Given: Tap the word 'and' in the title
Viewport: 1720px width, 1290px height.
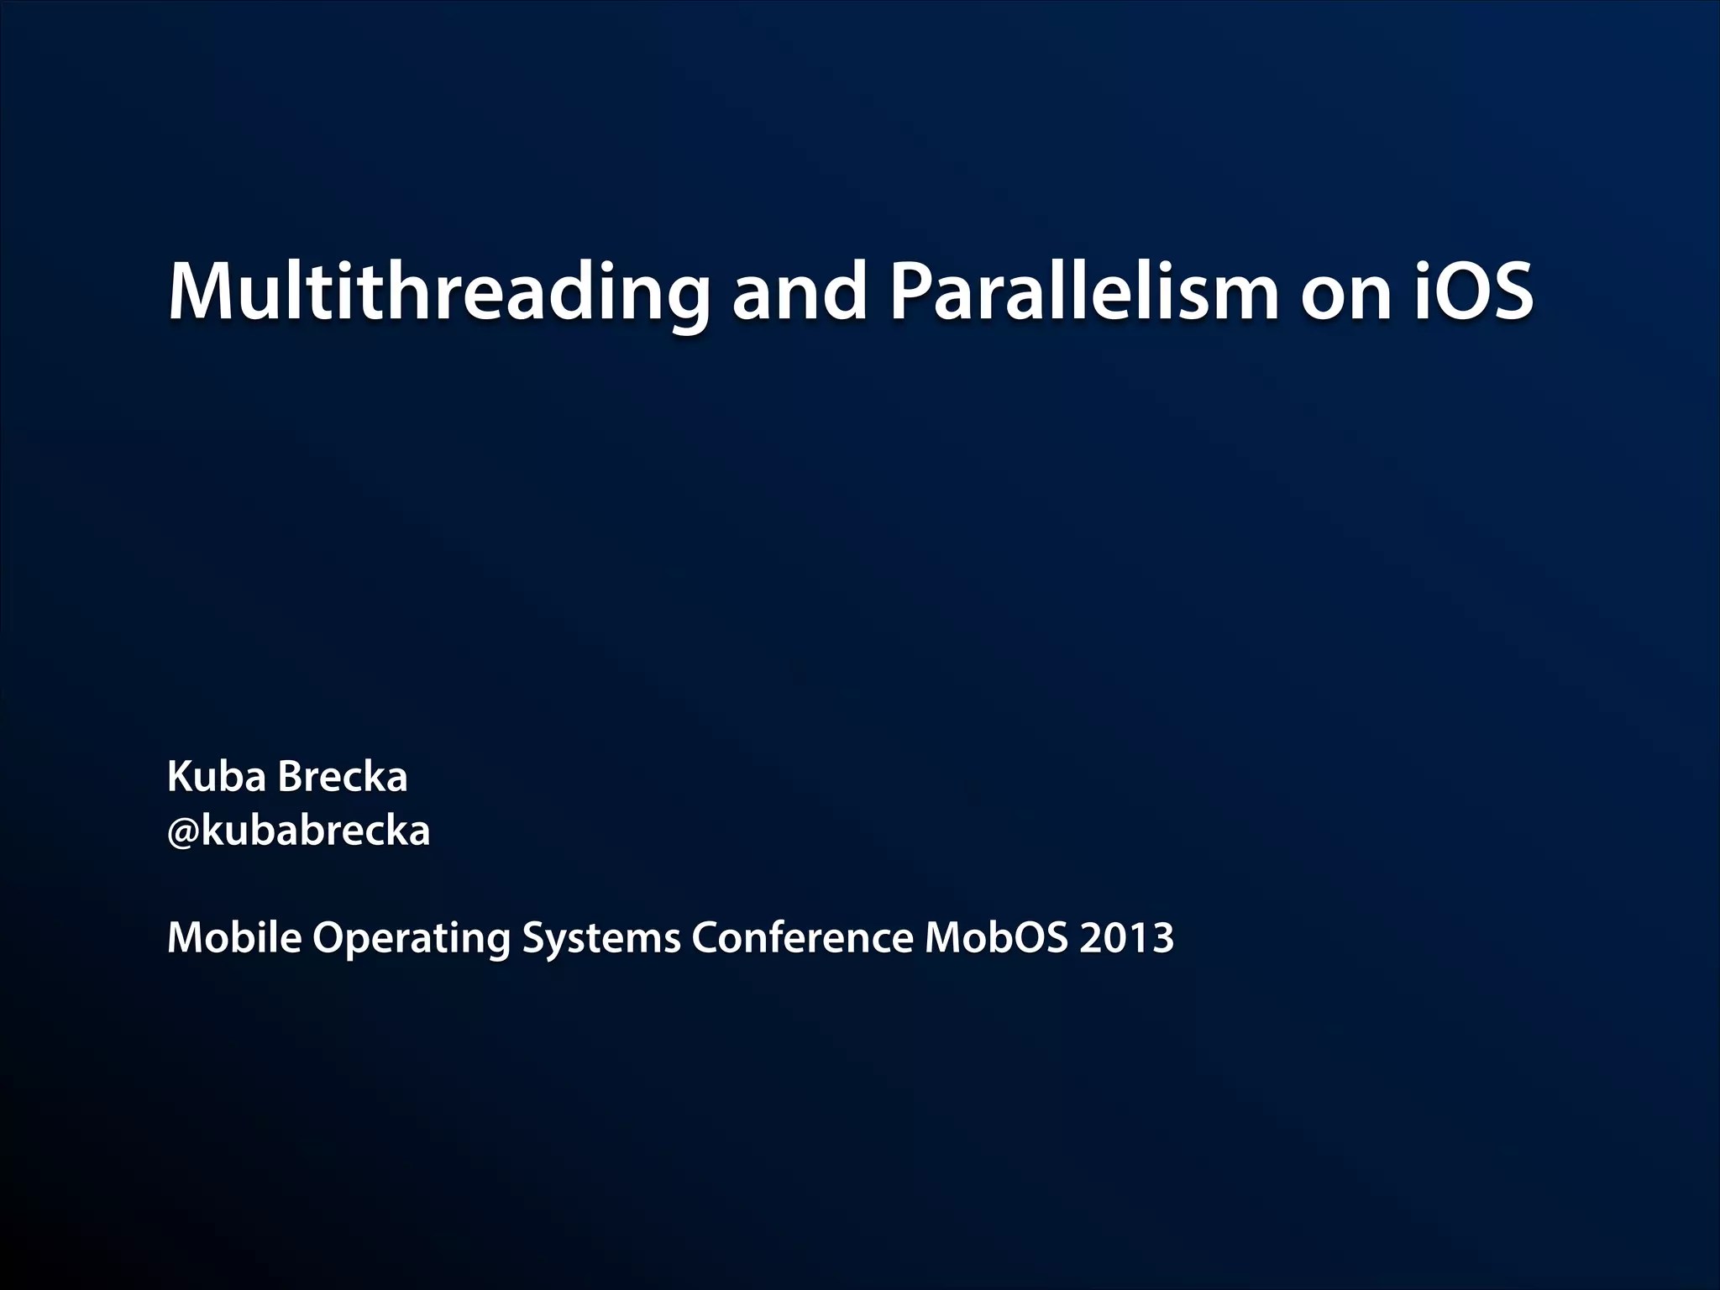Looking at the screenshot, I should click(x=799, y=292).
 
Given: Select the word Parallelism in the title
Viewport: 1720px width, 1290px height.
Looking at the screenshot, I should click(x=1083, y=292).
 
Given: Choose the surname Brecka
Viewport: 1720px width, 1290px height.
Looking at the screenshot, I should click(x=342, y=777).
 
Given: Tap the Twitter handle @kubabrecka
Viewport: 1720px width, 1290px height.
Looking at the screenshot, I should click(x=298, y=831).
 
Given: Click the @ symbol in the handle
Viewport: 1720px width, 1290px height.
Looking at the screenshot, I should click(x=182, y=833).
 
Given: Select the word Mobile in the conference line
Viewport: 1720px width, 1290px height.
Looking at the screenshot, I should click(x=234, y=937).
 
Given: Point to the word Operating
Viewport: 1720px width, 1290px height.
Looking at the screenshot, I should click(x=412, y=939).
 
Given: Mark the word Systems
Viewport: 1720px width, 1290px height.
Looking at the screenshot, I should click(x=601, y=939).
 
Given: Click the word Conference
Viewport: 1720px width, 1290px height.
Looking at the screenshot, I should click(x=802, y=937).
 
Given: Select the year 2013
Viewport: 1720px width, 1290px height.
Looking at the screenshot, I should click(x=1126, y=937).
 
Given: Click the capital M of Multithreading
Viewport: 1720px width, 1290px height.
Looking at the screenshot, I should click(x=198, y=292).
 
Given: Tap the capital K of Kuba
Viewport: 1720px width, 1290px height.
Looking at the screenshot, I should click(x=180, y=777).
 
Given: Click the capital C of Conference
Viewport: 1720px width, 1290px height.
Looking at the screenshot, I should click(x=706, y=937).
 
